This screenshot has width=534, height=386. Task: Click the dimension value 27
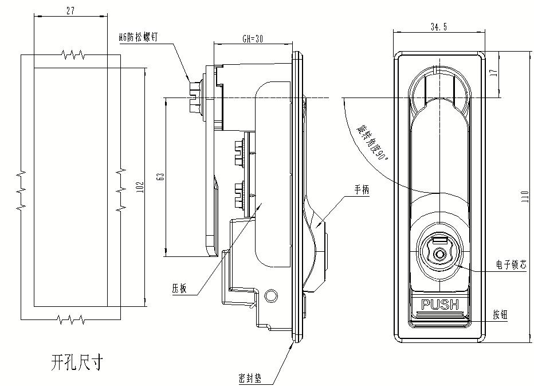tap(70, 10)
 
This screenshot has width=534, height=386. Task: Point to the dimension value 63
tap(161, 176)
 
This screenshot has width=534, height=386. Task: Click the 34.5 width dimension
tap(439, 27)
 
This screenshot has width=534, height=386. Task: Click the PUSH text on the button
tap(440, 305)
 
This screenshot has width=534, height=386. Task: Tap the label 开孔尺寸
tap(76, 362)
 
